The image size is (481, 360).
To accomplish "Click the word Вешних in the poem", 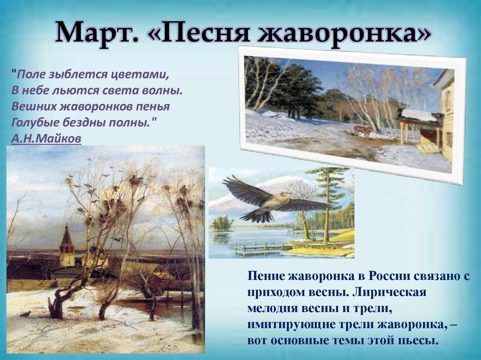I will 31,106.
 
